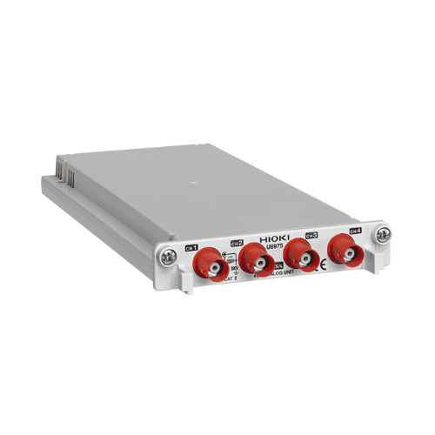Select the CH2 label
(237, 243)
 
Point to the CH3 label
(311, 236)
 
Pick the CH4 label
(355, 231)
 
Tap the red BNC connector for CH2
(253, 258)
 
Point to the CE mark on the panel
(321, 268)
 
